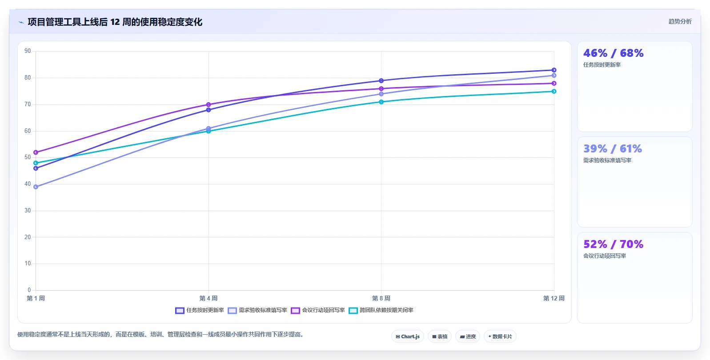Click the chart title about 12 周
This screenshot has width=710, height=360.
tap(115, 22)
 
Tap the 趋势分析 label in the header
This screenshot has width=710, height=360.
tap(680, 21)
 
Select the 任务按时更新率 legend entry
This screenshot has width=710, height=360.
tap(199, 310)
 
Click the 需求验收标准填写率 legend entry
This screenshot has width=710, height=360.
tap(257, 310)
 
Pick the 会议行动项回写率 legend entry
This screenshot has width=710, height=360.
tap(317, 310)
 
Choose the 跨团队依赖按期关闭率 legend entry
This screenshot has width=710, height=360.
tap(381, 310)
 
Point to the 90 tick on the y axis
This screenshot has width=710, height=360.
tap(28, 51)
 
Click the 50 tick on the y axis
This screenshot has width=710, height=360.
tap(28, 157)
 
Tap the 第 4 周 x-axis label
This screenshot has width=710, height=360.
tap(208, 298)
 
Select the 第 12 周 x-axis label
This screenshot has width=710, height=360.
tap(554, 298)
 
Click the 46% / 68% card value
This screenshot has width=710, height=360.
tap(614, 53)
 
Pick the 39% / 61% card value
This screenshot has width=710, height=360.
tap(612, 148)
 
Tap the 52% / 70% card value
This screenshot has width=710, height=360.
tap(614, 244)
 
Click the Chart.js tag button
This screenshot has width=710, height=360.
tap(408, 336)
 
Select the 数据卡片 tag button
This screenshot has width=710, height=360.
tap(500, 336)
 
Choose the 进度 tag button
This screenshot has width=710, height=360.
tap(468, 336)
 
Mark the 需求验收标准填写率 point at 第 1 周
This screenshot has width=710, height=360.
tap(36, 187)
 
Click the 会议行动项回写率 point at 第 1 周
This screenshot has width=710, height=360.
tap(36, 152)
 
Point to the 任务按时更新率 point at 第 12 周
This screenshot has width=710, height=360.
tap(554, 70)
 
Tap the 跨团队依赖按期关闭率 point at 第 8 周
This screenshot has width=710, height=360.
tap(381, 102)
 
